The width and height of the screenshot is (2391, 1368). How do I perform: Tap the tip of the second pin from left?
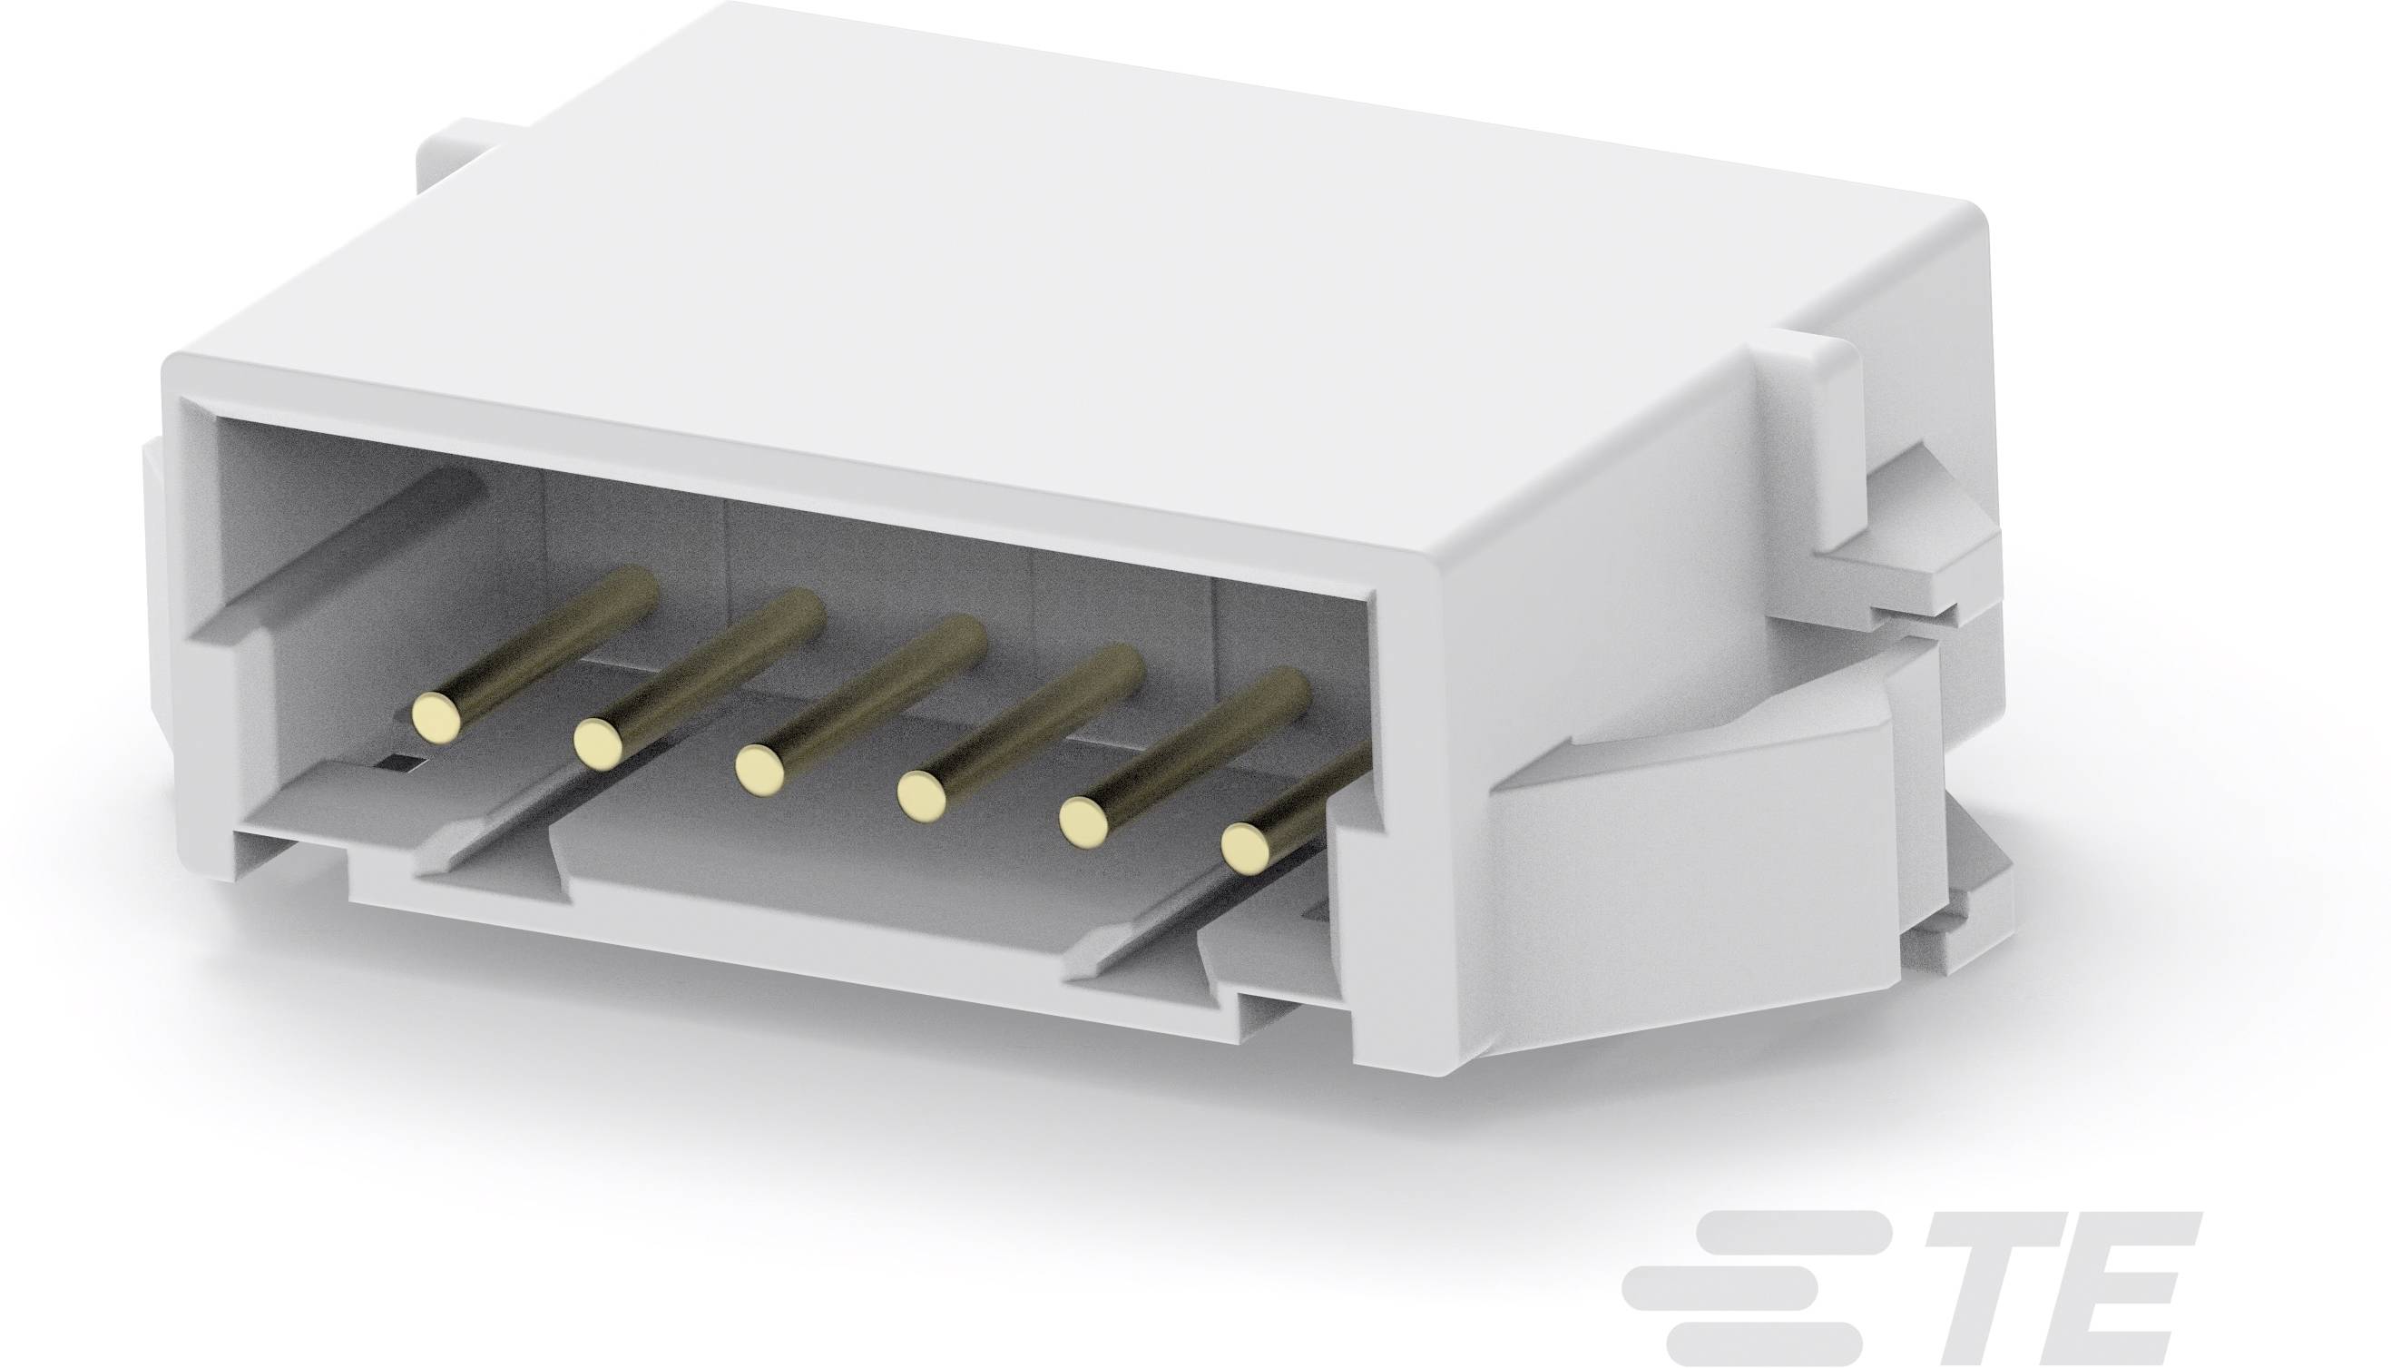click(598, 743)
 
